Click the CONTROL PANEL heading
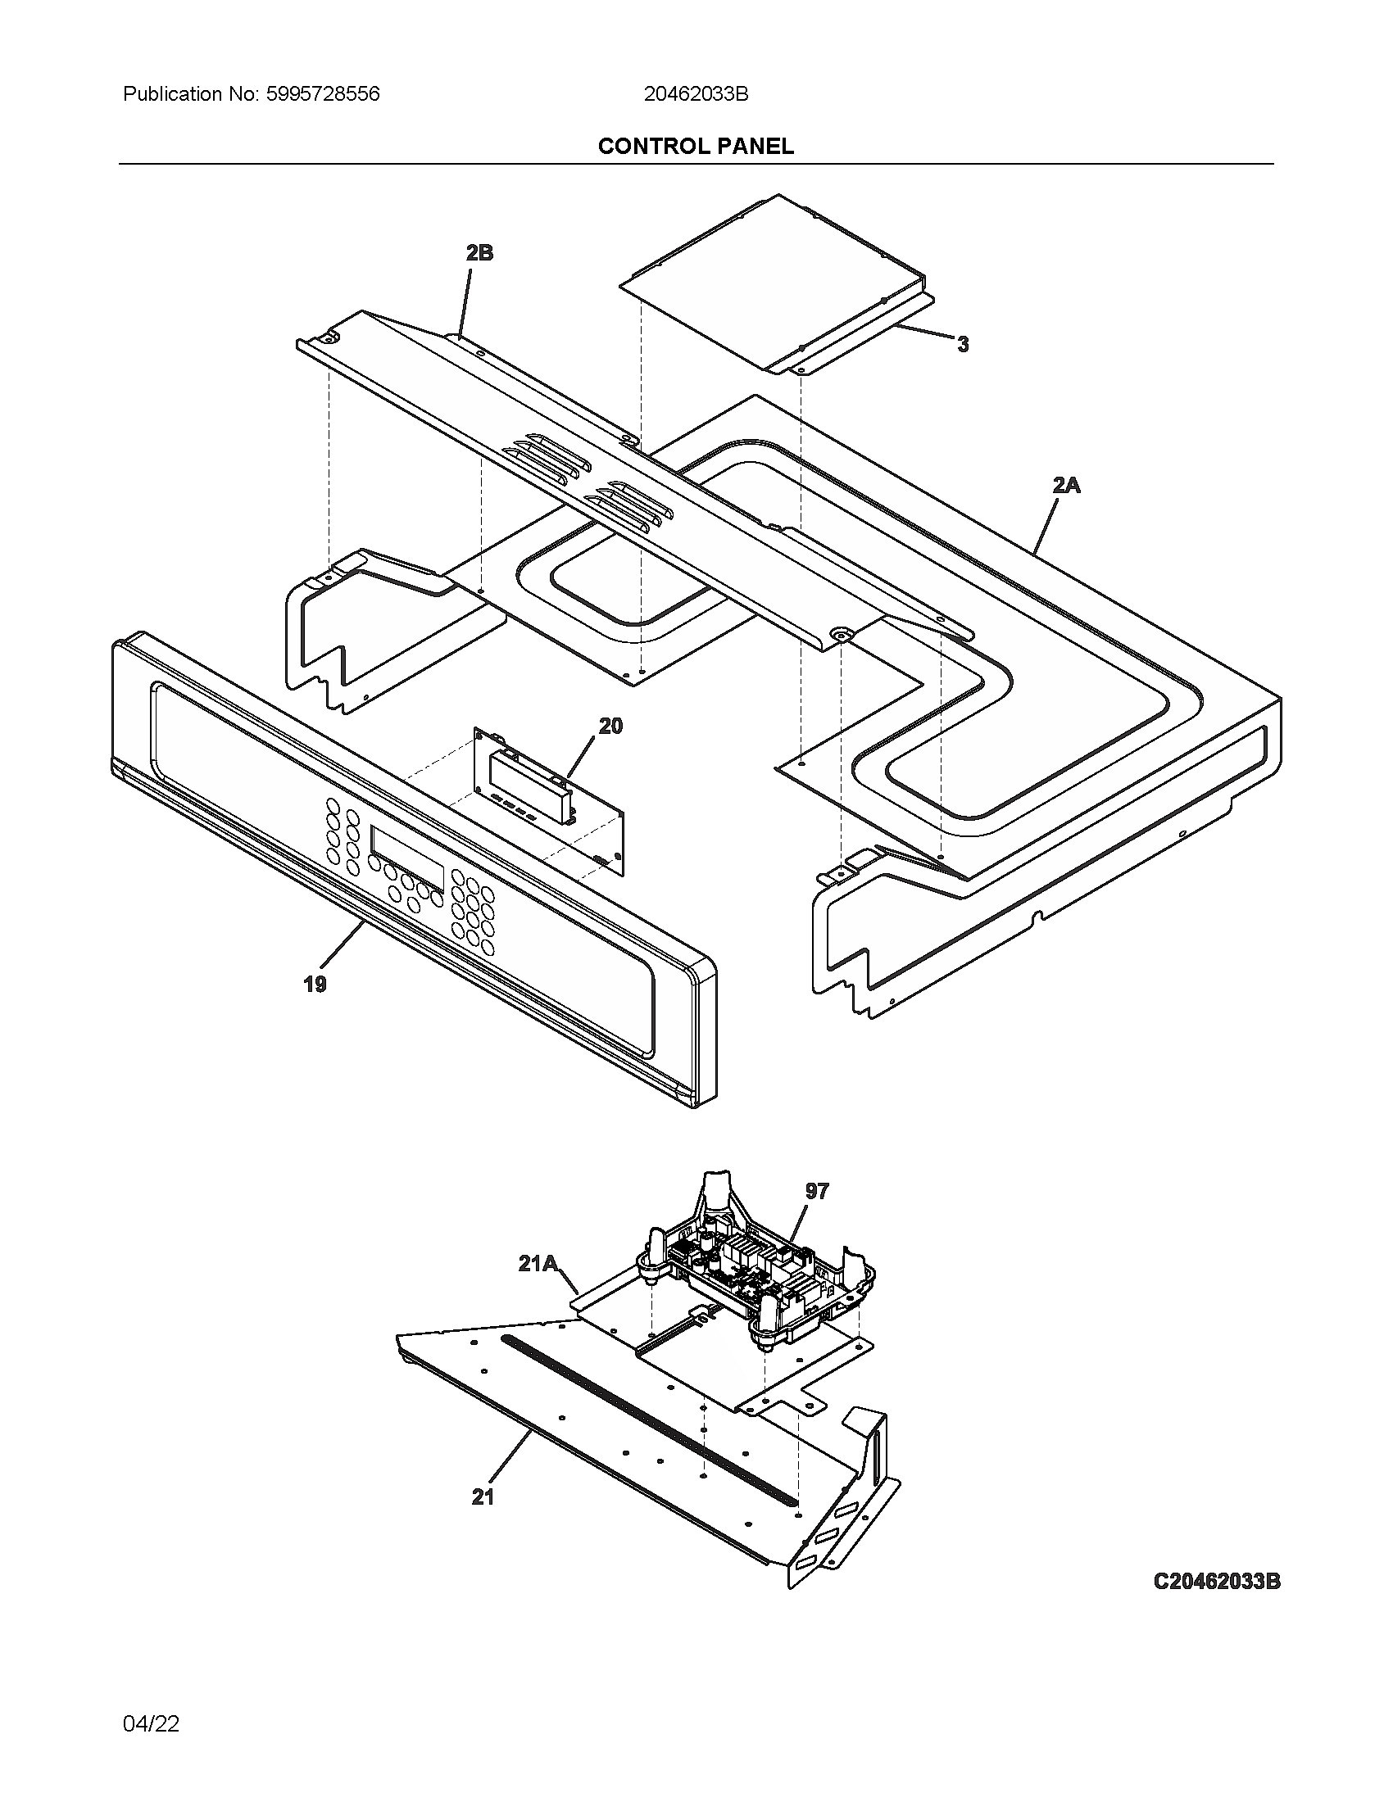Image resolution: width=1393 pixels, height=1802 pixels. click(x=696, y=146)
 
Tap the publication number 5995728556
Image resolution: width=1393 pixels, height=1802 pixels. click(x=323, y=94)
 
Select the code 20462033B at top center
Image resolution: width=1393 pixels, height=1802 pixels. click(x=696, y=94)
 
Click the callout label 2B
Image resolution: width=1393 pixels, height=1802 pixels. click(x=479, y=252)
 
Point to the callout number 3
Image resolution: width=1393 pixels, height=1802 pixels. click(x=962, y=345)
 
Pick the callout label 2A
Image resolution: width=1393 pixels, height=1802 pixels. click(x=1066, y=485)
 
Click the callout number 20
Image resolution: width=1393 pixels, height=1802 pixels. click(x=610, y=726)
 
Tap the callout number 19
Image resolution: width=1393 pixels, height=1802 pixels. click(x=315, y=984)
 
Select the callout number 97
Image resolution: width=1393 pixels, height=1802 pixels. click(x=817, y=1191)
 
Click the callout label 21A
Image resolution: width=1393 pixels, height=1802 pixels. click(x=538, y=1263)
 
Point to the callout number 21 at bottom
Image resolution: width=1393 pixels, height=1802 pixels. click(x=483, y=1497)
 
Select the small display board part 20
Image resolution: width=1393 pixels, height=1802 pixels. click(x=549, y=796)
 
